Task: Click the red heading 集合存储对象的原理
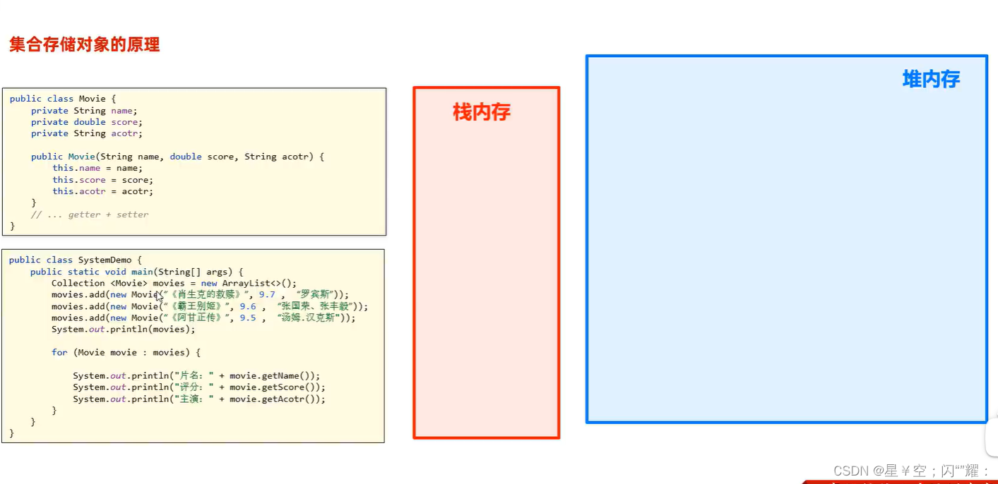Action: [x=85, y=45]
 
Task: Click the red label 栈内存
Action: [x=482, y=112]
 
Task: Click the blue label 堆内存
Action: [x=931, y=79]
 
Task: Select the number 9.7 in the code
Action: [x=267, y=295]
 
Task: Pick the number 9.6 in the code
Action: [x=248, y=306]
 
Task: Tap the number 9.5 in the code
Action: [x=248, y=318]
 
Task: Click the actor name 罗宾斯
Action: [x=315, y=295]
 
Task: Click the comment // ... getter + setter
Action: [x=90, y=214]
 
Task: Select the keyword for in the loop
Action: [x=59, y=353]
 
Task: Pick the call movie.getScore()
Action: [x=277, y=387]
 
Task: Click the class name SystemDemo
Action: [x=105, y=260]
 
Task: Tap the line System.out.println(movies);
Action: [x=123, y=329]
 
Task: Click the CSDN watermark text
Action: [x=910, y=471]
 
